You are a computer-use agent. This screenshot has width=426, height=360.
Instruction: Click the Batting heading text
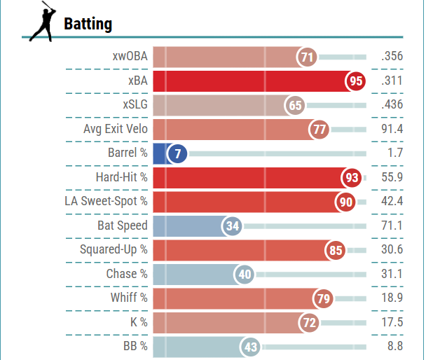click(x=88, y=24)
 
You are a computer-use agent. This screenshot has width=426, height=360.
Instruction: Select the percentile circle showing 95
click(x=356, y=81)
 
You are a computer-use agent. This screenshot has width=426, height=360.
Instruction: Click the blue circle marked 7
click(x=177, y=153)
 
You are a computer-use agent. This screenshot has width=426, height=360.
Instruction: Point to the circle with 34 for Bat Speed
click(x=233, y=226)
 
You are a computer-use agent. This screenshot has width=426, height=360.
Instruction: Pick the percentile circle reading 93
click(x=352, y=178)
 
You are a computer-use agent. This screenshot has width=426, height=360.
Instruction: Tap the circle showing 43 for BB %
click(x=250, y=347)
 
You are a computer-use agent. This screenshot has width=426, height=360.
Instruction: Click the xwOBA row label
click(x=130, y=57)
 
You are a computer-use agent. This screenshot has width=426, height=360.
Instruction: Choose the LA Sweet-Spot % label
click(x=106, y=202)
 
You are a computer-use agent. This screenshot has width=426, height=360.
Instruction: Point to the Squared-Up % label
click(x=114, y=250)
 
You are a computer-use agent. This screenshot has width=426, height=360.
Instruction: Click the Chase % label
click(x=127, y=274)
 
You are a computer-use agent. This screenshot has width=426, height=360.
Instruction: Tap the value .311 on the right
click(x=391, y=81)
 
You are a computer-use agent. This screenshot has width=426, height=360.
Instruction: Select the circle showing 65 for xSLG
click(x=295, y=105)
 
